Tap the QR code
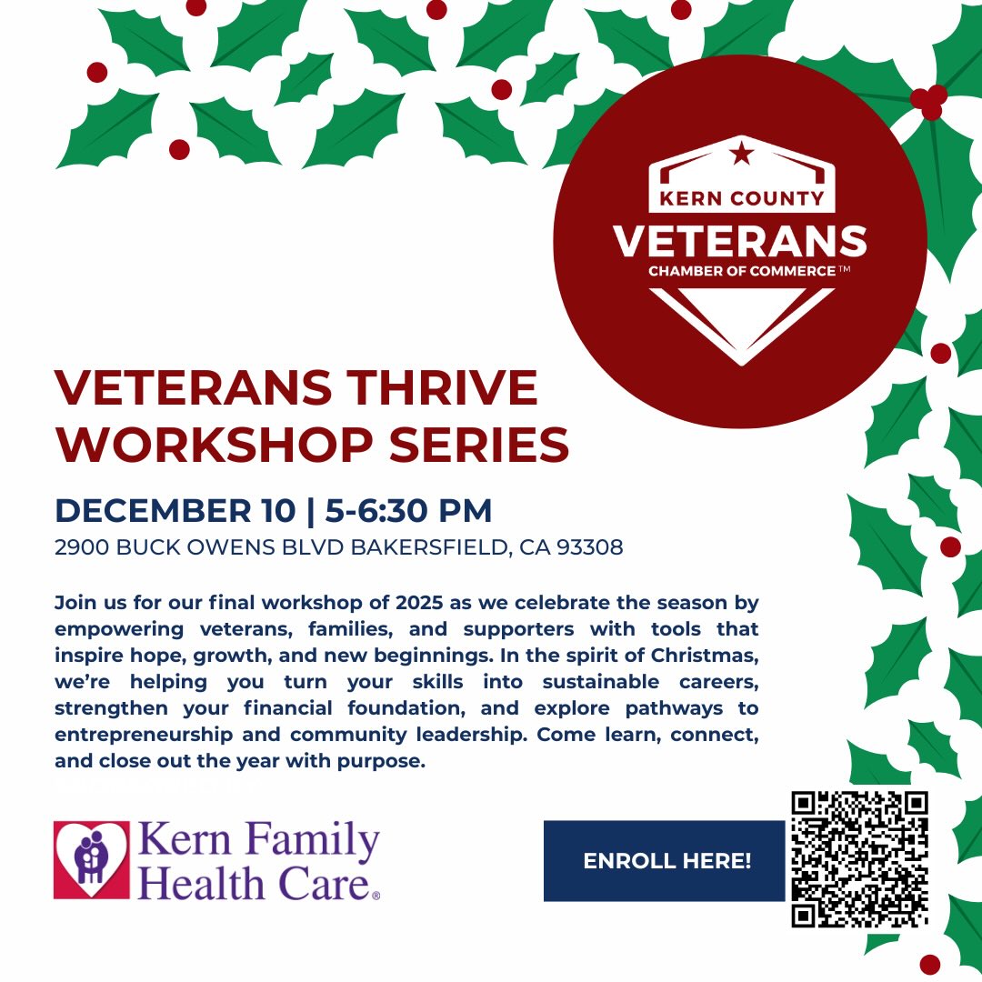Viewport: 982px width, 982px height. click(859, 859)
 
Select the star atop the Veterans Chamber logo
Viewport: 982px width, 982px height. click(741, 154)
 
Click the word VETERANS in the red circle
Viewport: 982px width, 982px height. click(739, 241)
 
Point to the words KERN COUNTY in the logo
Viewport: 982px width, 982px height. click(741, 197)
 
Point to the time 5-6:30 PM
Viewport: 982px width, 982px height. click(407, 511)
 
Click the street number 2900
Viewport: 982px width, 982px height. click(81, 548)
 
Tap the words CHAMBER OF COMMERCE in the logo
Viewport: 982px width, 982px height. click(741, 271)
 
